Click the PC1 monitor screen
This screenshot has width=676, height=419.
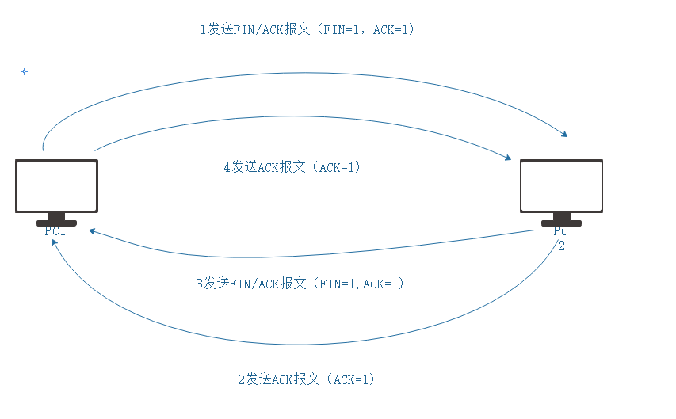(56, 186)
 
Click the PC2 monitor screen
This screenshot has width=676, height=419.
(561, 186)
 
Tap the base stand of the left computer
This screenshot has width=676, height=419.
(56, 221)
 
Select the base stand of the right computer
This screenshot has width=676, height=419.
(561, 221)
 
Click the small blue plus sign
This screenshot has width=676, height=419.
(24, 72)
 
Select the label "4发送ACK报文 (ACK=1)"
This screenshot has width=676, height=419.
(292, 168)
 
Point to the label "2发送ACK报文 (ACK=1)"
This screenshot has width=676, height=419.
(306, 379)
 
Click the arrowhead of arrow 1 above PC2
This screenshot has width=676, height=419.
(564, 134)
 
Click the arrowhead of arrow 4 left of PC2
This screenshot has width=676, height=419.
(507, 158)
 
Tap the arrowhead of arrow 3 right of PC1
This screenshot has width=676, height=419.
(93, 231)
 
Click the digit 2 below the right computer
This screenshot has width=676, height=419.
(561, 246)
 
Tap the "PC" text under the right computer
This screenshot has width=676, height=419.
(561, 232)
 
